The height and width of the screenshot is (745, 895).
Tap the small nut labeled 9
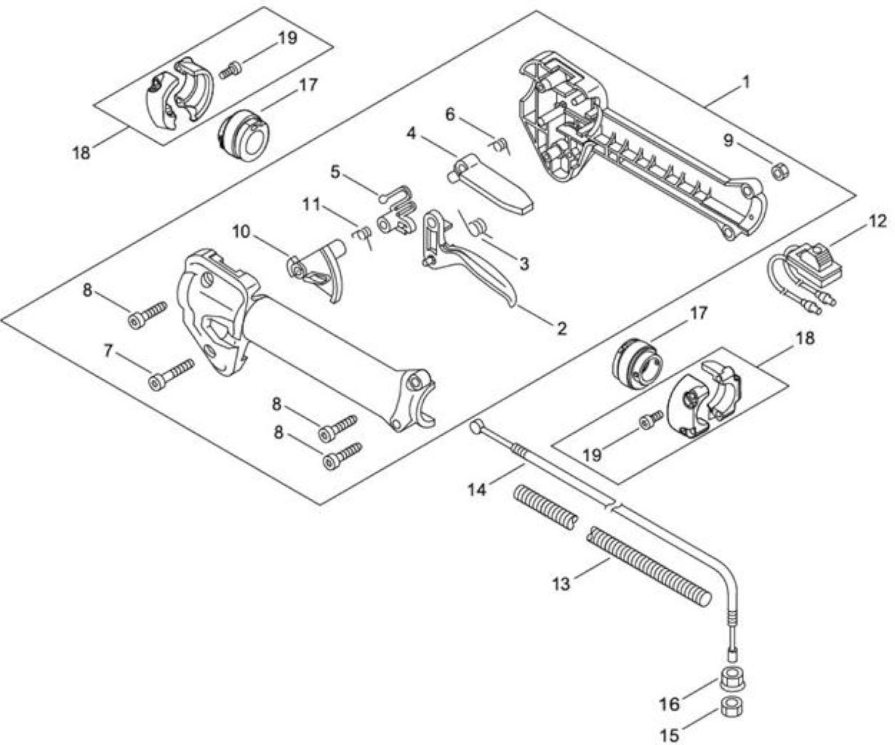(779, 172)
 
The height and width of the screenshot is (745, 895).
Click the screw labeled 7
(171, 373)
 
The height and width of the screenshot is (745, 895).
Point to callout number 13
(561, 583)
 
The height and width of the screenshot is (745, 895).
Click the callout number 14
(477, 490)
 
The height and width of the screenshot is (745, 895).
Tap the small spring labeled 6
(499, 146)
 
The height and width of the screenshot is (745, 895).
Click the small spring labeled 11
(363, 236)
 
